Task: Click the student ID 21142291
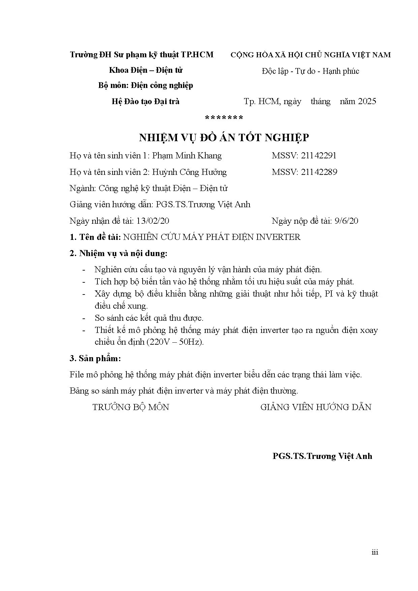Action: (x=319, y=155)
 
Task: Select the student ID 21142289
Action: (x=319, y=172)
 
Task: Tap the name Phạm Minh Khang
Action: (x=187, y=156)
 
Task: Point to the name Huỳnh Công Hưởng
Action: (x=189, y=172)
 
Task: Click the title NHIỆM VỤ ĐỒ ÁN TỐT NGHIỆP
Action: (x=224, y=137)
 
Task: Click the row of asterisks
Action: (x=224, y=118)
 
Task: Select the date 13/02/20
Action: (x=152, y=221)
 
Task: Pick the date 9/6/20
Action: (x=347, y=221)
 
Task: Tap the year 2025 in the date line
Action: (x=367, y=101)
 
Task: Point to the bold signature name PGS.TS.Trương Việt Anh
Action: (x=322, y=456)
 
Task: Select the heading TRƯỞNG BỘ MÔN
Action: (x=131, y=407)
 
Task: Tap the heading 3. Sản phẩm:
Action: (x=95, y=358)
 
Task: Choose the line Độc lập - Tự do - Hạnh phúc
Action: (x=310, y=71)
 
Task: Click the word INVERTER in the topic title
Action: (x=278, y=237)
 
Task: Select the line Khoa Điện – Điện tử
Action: (x=146, y=70)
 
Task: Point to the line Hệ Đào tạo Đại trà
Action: (x=145, y=101)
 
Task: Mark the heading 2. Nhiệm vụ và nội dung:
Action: (x=118, y=253)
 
